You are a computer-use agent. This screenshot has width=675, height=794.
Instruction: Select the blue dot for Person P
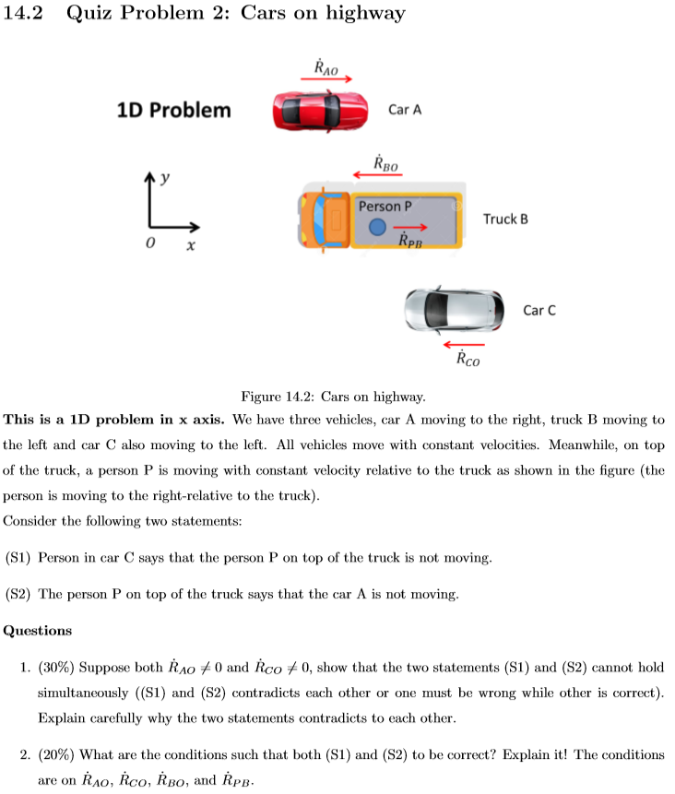375,227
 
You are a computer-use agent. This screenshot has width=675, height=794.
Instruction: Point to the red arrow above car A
326,79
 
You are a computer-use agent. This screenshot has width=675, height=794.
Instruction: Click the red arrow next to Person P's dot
411,227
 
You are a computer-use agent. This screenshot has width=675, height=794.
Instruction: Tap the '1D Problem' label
173,111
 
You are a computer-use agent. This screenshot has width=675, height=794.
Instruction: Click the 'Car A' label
404,110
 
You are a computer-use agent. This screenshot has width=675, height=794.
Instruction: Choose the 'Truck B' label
505,219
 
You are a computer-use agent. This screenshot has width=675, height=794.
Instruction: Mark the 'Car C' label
539,310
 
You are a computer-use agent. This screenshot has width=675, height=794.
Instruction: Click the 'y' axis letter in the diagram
166,175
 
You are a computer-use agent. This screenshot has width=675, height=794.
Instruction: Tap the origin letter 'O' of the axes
148,246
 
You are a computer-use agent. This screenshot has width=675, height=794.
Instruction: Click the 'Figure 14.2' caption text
332,397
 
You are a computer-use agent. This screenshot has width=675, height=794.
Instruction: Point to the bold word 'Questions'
38,632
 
